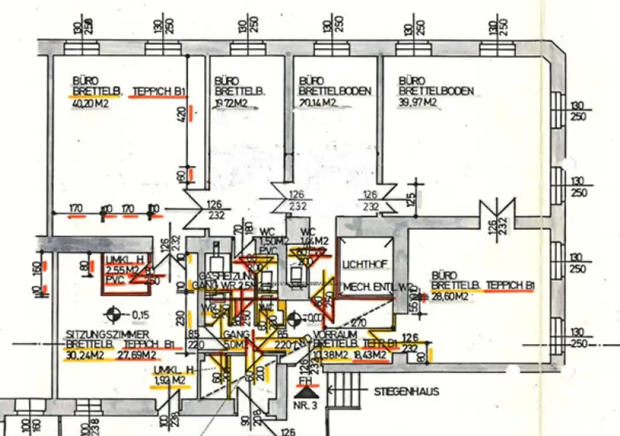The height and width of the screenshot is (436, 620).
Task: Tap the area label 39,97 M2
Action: click(x=417, y=102)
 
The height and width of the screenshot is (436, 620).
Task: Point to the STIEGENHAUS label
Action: click(x=407, y=392)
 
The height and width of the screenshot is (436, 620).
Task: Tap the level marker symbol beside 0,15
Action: click(x=111, y=314)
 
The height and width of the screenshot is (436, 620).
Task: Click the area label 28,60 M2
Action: click(x=450, y=296)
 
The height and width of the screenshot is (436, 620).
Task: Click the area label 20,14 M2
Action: click(x=318, y=103)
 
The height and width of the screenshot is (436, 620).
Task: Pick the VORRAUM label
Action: click(x=331, y=334)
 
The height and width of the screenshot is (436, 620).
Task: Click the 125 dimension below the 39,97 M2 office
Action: click(x=412, y=197)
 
